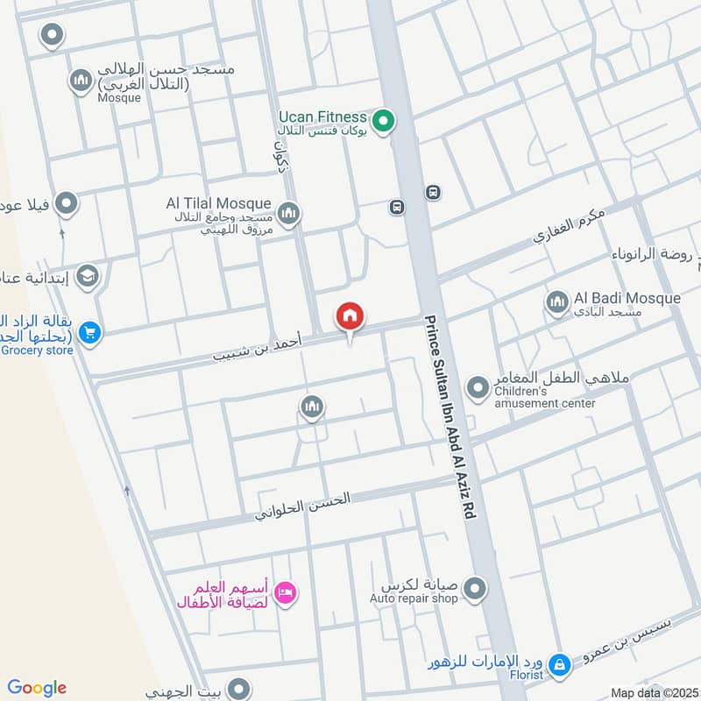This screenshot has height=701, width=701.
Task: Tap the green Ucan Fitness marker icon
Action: [382, 122]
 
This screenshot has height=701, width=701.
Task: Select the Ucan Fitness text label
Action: [322, 116]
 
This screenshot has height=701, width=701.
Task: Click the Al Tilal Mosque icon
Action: [288, 213]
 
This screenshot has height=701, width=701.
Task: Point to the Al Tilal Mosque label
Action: [218, 203]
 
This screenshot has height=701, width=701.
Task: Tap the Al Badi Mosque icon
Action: [557, 303]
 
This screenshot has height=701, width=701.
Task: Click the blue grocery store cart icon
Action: [89, 333]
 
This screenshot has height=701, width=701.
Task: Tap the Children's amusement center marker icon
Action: [478, 386]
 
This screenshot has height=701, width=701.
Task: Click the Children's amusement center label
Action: [544, 403]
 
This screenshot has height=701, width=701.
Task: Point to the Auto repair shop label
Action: [414, 598]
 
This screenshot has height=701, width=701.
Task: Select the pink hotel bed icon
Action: [287, 594]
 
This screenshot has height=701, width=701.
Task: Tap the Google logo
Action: [37, 688]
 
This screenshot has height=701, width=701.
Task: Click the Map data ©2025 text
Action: [654, 693]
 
